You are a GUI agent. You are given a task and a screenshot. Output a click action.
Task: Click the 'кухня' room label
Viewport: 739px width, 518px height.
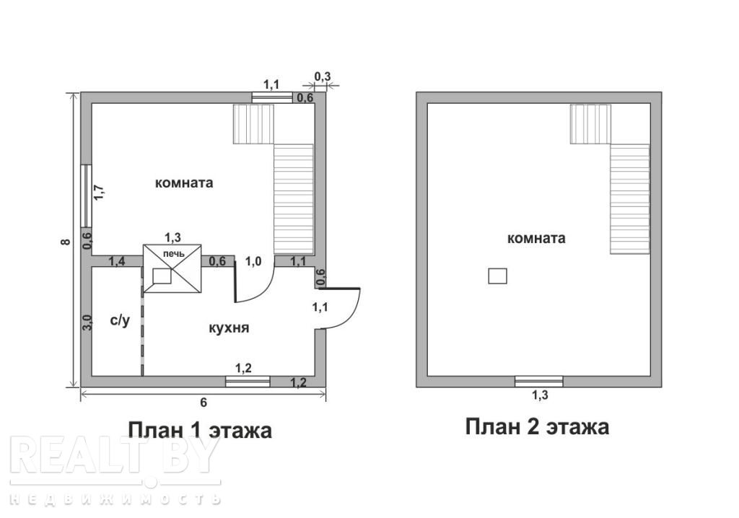(x=229, y=328)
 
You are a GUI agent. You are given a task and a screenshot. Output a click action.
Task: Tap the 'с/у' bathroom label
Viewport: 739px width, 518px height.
(x=120, y=321)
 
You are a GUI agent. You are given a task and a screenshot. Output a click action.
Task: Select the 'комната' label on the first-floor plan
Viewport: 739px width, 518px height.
(x=184, y=183)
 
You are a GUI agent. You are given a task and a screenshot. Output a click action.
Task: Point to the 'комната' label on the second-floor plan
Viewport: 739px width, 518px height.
(x=536, y=238)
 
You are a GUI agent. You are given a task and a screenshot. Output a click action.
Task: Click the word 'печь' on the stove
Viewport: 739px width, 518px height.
(x=174, y=253)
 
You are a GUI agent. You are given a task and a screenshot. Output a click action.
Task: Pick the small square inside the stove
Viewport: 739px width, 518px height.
(x=162, y=276)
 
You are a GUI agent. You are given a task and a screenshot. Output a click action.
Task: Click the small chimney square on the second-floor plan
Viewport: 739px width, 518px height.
(x=498, y=276)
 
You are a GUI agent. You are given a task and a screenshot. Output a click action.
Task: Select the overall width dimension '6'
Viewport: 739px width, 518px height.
(x=204, y=403)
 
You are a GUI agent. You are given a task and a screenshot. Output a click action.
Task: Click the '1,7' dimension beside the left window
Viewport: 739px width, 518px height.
(x=99, y=193)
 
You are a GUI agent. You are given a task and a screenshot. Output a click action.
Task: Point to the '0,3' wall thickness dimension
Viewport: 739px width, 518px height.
(x=323, y=76)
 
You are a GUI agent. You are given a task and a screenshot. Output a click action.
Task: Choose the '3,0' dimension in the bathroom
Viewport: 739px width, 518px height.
(x=87, y=323)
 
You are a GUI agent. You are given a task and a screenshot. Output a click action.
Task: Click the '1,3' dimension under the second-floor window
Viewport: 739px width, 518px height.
(x=540, y=395)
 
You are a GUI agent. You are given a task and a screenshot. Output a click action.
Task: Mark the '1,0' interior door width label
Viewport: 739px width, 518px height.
(x=253, y=260)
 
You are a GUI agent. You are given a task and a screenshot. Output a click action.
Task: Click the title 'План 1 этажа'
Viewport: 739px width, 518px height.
(x=200, y=430)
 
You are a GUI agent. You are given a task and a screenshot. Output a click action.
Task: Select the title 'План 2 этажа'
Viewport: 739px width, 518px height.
(x=537, y=426)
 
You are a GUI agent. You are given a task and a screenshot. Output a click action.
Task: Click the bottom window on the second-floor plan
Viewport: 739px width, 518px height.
(x=538, y=382)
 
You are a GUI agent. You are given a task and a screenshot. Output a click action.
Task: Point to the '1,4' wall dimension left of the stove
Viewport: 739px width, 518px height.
(x=117, y=261)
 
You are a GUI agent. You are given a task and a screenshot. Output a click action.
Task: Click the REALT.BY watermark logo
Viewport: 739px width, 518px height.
(x=115, y=470)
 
